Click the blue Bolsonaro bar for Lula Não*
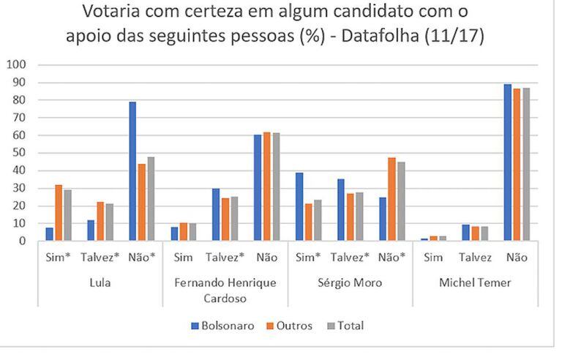coord(132,171)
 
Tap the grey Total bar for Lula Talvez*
coord(109,222)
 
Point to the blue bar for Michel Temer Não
coord(508,162)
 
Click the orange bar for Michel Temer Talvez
coord(475,234)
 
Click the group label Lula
coord(100,283)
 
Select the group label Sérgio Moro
coord(351,283)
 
